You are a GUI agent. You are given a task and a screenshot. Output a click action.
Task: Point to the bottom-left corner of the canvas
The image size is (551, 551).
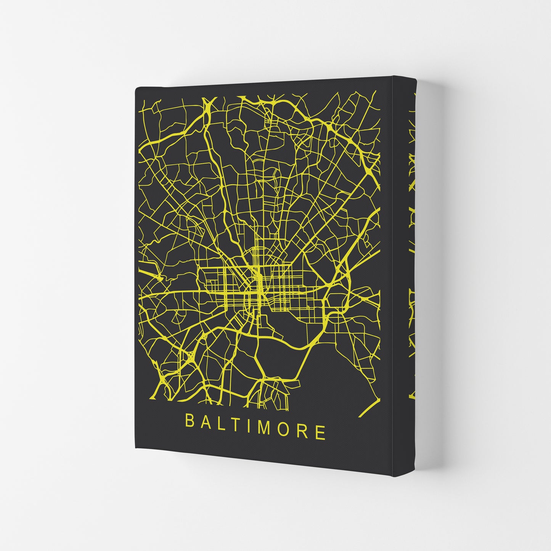pos(136,448)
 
